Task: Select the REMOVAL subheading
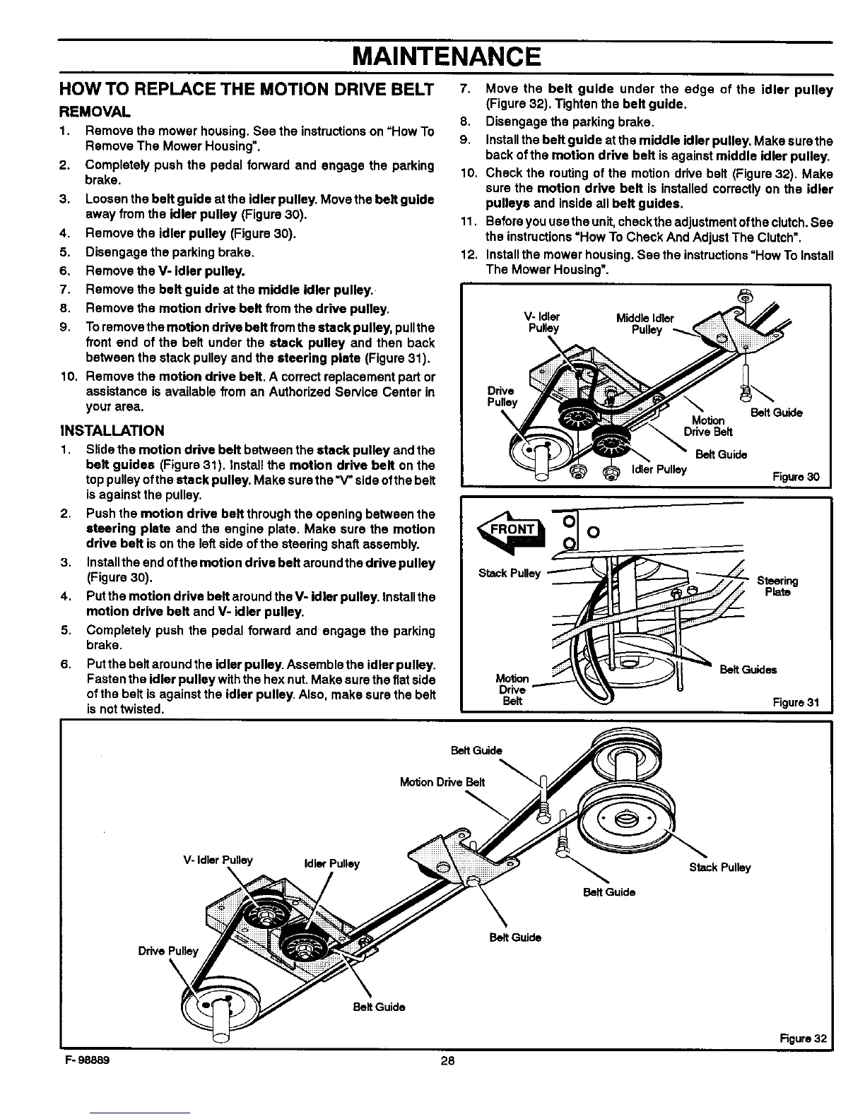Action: point(92,112)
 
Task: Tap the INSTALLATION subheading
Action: point(112,430)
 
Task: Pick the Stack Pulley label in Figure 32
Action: point(719,868)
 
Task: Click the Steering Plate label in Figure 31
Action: point(777,586)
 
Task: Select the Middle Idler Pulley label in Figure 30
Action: point(645,324)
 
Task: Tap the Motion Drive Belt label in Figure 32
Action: point(442,781)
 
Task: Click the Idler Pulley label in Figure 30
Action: point(658,470)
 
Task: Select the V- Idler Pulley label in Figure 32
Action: point(218,860)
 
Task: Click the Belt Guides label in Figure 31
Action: point(748,670)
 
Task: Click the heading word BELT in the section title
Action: point(408,90)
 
